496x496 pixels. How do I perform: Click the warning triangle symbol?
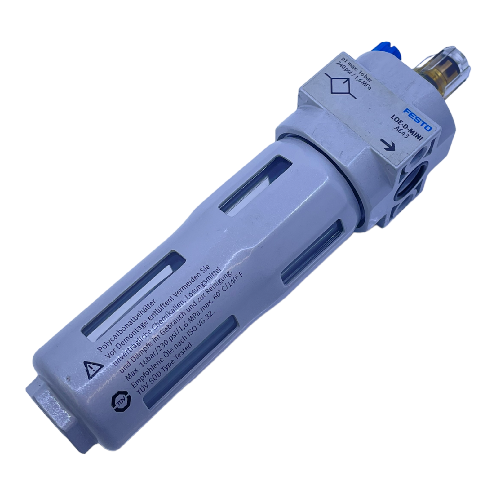tap(93, 370)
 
